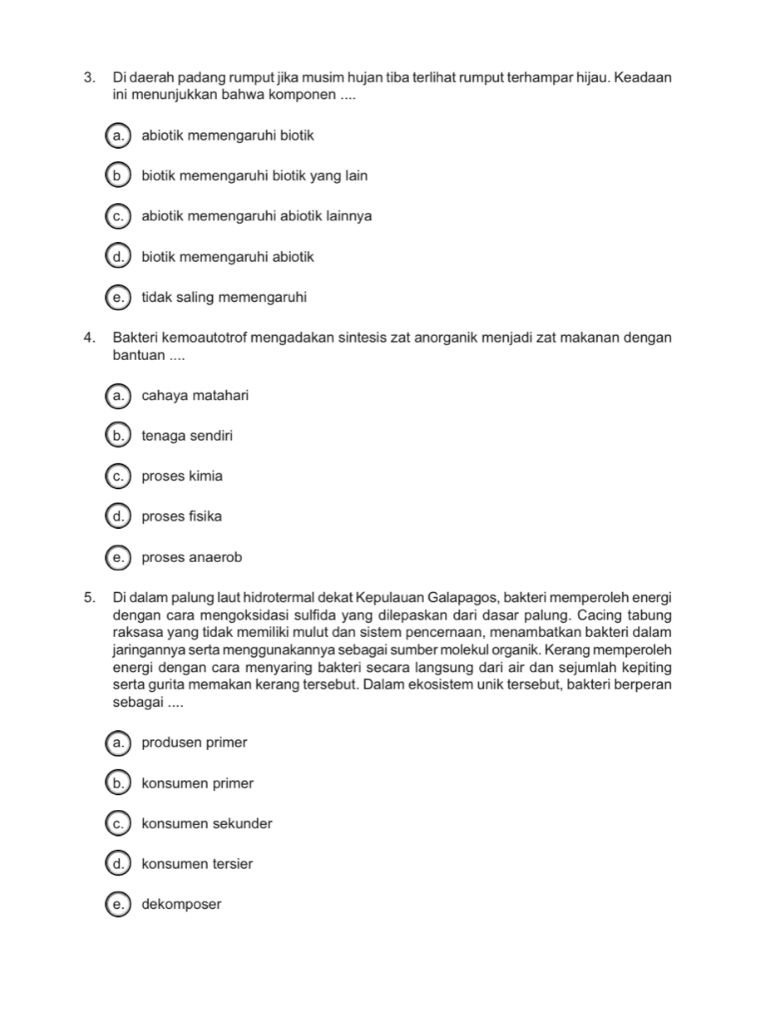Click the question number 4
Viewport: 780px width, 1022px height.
coord(88,338)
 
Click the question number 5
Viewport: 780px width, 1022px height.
coord(88,598)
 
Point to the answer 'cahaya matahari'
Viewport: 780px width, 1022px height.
coord(195,396)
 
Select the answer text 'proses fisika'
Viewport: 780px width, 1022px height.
coord(182,517)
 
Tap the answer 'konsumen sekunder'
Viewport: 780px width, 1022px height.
coord(207,824)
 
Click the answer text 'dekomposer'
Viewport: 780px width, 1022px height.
coord(182,905)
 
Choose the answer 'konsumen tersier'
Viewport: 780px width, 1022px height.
coord(198,865)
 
